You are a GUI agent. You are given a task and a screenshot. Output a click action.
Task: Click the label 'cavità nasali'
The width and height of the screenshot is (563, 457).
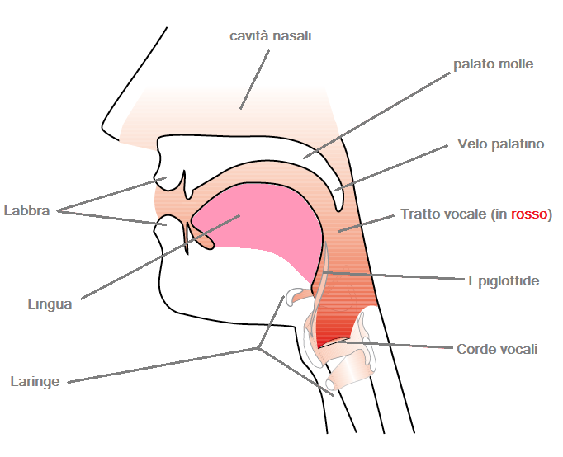(271, 36)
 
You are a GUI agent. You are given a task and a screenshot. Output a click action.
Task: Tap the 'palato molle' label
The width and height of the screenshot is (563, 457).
(494, 64)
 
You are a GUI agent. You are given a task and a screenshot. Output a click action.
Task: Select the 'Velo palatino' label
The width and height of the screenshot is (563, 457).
(500, 144)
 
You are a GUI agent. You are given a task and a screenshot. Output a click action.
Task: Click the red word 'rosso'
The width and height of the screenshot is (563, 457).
(529, 214)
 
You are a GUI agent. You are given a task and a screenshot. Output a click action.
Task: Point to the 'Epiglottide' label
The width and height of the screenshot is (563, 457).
(504, 280)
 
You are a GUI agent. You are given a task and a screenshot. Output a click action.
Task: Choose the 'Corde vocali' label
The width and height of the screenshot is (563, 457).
(497, 349)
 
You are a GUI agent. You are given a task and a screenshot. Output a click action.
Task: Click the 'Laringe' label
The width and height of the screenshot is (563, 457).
(35, 382)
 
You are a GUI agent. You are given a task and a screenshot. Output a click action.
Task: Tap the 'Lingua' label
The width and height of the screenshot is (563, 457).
(50, 304)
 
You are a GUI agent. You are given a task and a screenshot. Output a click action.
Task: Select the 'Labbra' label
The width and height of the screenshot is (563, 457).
(26, 210)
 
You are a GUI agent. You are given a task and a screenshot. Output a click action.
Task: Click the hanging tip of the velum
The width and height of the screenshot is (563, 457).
(338, 207)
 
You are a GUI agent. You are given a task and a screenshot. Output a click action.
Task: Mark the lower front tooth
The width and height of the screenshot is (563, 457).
(187, 239)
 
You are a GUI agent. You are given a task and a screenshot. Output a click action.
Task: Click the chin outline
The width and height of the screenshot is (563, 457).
(168, 298)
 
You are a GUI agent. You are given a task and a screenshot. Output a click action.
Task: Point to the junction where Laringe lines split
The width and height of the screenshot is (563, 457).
(258, 348)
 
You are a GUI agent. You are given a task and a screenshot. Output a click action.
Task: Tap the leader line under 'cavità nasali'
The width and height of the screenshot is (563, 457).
(254, 80)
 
